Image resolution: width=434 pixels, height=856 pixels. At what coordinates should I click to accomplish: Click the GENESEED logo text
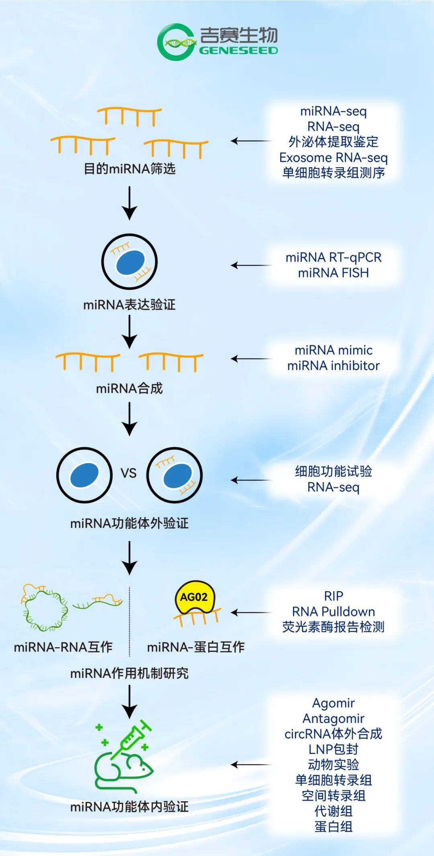tap(238, 51)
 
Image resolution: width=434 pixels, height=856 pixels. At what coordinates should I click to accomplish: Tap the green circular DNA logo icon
tap(176, 42)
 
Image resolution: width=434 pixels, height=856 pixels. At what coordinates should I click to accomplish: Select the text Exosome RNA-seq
tap(333, 157)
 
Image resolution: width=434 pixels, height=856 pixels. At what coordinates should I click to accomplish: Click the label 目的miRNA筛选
tap(129, 168)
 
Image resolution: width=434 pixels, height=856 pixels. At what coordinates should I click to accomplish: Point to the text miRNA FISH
tap(333, 273)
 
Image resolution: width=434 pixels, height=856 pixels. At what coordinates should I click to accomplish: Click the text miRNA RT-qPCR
tap(333, 257)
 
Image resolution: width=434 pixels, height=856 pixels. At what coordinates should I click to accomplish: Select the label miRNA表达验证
tap(129, 305)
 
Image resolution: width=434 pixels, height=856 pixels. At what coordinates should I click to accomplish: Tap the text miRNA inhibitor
tap(333, 366)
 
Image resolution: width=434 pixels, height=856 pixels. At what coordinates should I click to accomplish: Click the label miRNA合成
tap(129, 388)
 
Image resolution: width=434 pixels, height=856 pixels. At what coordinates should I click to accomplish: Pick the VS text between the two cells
tap(129, 473)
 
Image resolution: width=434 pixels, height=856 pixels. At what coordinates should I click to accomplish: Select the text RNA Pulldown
tap(333, 612)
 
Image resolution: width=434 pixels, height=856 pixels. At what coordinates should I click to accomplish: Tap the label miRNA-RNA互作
tap(63, 647)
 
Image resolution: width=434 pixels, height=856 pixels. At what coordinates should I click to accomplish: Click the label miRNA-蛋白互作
tap(196, 647)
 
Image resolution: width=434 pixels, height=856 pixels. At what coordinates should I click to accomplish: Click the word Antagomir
tap(333, 718)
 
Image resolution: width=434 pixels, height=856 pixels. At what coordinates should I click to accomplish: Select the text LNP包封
tap(333, 749)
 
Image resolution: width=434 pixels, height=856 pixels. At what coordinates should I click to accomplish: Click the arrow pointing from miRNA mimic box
tap(251, 358)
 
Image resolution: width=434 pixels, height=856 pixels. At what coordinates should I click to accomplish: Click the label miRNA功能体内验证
tap(129, 807)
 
